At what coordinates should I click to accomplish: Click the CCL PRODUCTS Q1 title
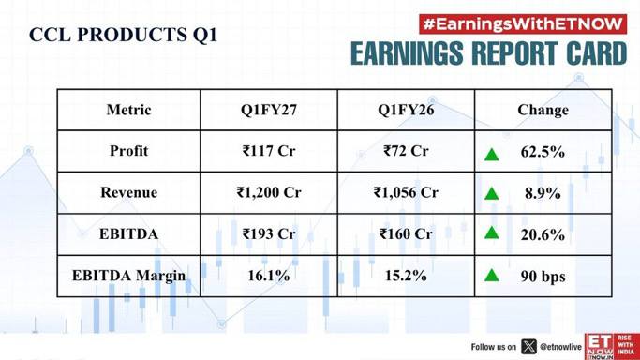(123, 35)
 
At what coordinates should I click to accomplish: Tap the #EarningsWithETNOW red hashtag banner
(523, 24)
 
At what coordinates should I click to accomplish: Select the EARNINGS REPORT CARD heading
(488, 53)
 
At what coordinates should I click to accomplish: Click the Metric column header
(128, 110)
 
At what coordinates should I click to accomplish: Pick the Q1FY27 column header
(269, 110)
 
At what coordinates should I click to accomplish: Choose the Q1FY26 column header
(406, 110)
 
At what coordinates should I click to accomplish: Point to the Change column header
(543, 110)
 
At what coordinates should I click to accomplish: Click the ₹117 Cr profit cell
(269, 151)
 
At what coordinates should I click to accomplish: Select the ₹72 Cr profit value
(406, 151)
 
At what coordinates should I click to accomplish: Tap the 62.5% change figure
(543, 152)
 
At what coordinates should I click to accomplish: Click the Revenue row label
(128, 192)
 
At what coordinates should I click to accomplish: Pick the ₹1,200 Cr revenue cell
(269, 192)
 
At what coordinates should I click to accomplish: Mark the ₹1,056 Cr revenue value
(406, 192)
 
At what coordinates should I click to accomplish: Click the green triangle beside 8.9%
(491, 193)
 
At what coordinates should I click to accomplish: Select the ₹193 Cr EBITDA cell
(269, 233)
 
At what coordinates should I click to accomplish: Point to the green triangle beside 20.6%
(491, 233)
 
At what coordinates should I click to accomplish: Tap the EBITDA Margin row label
(128, 276)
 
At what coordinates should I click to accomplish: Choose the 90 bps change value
(543, 277)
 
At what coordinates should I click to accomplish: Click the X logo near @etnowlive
(529, 347)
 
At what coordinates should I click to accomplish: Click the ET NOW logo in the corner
(612, 347)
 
